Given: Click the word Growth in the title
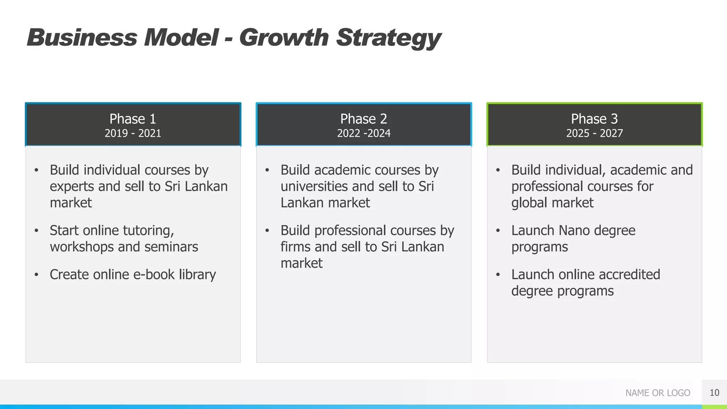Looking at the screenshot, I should pyautogui.click(x=284, y=38).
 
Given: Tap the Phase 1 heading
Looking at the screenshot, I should pyautogui.click(x=133, y=119).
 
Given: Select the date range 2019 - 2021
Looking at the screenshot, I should pyautogui.click(x=133, y=133).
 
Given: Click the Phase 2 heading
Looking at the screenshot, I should pyautogui.click(x=363, y=119).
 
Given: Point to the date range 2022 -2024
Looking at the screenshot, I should pyautogui.click(x=363, y=133).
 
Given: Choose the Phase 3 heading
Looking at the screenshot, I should pyautogui.click(x=594, y=119).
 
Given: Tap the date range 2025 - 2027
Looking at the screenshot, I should pyautogui.click(x=594, y=133).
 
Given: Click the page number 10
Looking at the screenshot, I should pyautogui.click(x=714, y=393).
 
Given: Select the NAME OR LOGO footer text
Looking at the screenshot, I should pyautogui.click(x=657, y=393).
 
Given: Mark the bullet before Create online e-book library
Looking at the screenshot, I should pyautogui.click(x=36, y=275).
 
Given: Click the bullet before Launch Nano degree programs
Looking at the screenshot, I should pyautogui.click(x=498, y=231).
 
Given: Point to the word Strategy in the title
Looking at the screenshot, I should pyautogui.click(x=388, y=38).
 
